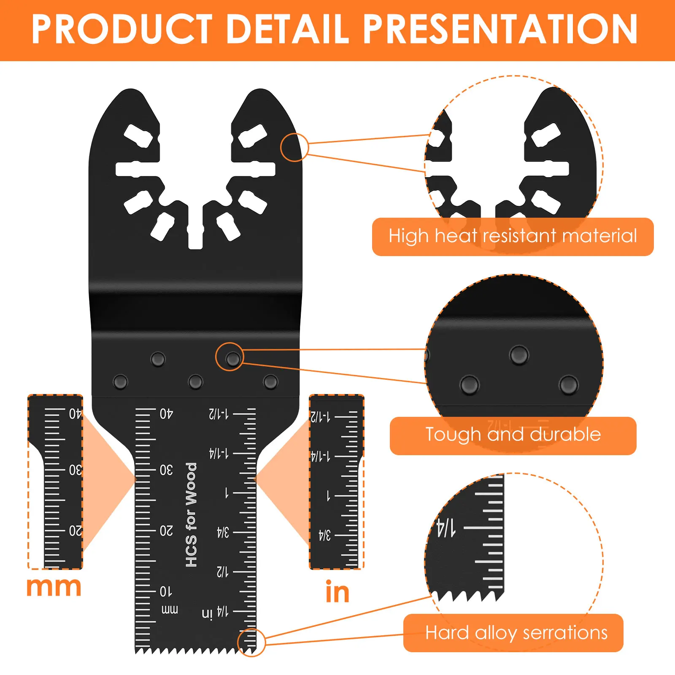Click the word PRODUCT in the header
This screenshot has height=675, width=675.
[122, 29]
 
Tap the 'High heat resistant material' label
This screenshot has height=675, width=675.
[513, 236]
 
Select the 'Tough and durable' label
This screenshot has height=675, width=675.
[513, 435]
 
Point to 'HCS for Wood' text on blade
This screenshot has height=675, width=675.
[191, 515]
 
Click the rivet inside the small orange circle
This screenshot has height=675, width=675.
[232, 359]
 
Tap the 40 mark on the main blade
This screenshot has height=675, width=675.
[166, 414]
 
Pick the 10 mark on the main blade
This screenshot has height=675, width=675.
[166, 591]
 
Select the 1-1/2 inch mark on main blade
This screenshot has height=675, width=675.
[219, 414]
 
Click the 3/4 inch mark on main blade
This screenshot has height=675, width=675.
[223, 532]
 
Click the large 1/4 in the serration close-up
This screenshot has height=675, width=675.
[446, 528]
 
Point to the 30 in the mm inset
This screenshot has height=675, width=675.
[75, 470]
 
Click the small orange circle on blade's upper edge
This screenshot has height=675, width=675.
[294, 147]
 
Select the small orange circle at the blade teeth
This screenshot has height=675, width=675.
[251, 643]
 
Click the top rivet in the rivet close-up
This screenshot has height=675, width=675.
[518, 355]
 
